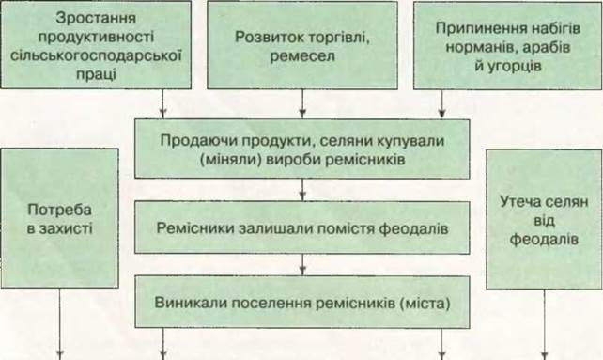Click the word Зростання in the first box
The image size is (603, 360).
(96, 18)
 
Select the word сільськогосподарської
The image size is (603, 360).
(96, 55)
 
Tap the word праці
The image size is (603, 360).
(96, 74)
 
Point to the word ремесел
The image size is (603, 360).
(302, 55)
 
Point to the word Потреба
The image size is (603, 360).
(59, 210)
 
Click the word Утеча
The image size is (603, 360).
(520, 202)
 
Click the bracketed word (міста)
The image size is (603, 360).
(425, 303)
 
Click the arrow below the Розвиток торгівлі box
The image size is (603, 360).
(302, 104)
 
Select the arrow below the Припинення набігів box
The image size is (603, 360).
(441, 104)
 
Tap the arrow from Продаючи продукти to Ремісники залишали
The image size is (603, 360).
(302, 190)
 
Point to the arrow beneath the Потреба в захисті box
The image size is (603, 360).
(59, 323)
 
